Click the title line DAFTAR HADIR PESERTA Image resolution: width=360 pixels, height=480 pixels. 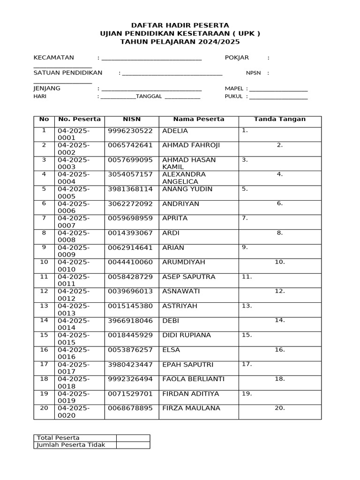pyautogui.click(x=180, y=25)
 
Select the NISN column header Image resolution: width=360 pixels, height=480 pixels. pyautogui.click(x=132, y=119)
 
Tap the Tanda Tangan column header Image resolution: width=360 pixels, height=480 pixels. pyautogui.click(x=279, y=119)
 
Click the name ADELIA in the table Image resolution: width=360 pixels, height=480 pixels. pyautogui.click(x=175, y=131)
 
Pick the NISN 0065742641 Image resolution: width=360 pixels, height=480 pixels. pyautogui.click(x=130, y=145)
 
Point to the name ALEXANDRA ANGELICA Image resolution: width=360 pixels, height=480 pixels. pyautogui.click(x=184, y=178)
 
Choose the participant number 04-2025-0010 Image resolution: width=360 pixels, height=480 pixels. pyautogui.click(x=74, y=266)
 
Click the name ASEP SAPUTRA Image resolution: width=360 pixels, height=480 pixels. pyautogui.click(x=188, y=277)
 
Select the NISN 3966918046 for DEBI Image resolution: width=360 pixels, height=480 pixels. pyautogui.click(x=130, y=321)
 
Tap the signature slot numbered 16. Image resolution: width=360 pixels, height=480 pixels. pyautogui.click(x=280, y=350)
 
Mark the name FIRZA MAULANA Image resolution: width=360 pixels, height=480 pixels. pyautogui.click(x=191, y=408)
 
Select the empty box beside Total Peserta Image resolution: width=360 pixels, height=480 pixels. pyautogui.click(x=133, y=438)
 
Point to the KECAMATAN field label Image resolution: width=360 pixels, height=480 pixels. pyautogui.click(x=53, y=58)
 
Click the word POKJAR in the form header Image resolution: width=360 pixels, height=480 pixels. pyautogui.click(x=237, y=58)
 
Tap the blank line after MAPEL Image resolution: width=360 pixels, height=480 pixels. pyautogui.click(x=279, y=89)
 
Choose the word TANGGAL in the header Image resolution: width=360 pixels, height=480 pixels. pyautogui.click(x=149, y=97)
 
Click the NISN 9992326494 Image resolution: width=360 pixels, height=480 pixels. pyautogui.click(x=130, y=379)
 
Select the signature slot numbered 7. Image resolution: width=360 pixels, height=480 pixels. pyautogui.click(x=245, y=218)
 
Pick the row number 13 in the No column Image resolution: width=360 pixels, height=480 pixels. pyautogui.click(x=44, y=306)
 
